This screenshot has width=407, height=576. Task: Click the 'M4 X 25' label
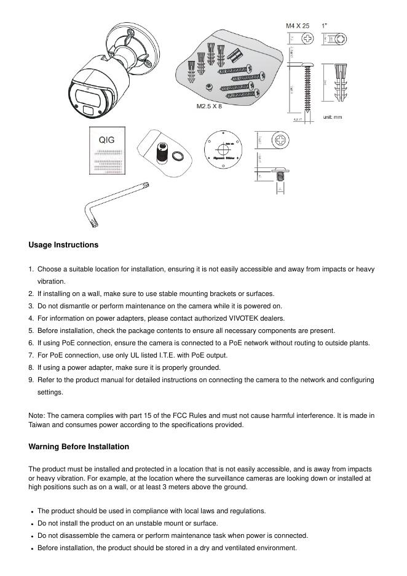298,26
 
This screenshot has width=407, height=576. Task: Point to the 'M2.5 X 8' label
209,106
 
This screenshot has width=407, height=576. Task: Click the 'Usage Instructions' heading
63,245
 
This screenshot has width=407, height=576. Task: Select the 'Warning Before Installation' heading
79,447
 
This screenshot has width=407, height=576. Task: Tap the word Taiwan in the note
40,425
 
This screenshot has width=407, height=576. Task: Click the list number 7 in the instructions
31,356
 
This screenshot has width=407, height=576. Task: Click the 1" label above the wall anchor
324,26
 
